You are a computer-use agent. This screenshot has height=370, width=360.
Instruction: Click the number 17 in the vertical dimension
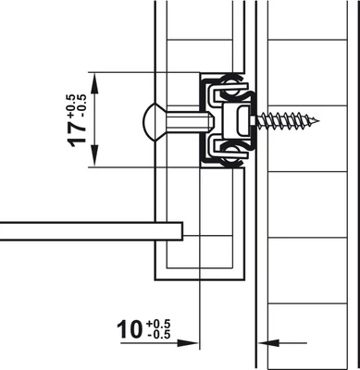click(77, 134)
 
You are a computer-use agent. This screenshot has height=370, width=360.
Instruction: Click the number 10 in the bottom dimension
click(130, 329)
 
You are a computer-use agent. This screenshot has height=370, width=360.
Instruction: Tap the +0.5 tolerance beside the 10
click(158, 325)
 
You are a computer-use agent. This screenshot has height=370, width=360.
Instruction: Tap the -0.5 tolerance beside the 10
click(159, 335)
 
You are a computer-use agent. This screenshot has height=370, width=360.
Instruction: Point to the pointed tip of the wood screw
click(318, 120)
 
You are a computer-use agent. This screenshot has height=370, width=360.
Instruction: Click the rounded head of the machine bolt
click(152, 122)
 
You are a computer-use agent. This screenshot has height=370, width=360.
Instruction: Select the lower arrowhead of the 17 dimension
click(94, 155)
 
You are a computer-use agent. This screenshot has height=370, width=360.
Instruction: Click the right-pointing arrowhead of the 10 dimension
click(187, 343)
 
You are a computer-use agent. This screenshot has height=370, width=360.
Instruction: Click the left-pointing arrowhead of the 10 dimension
click(269, 343)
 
